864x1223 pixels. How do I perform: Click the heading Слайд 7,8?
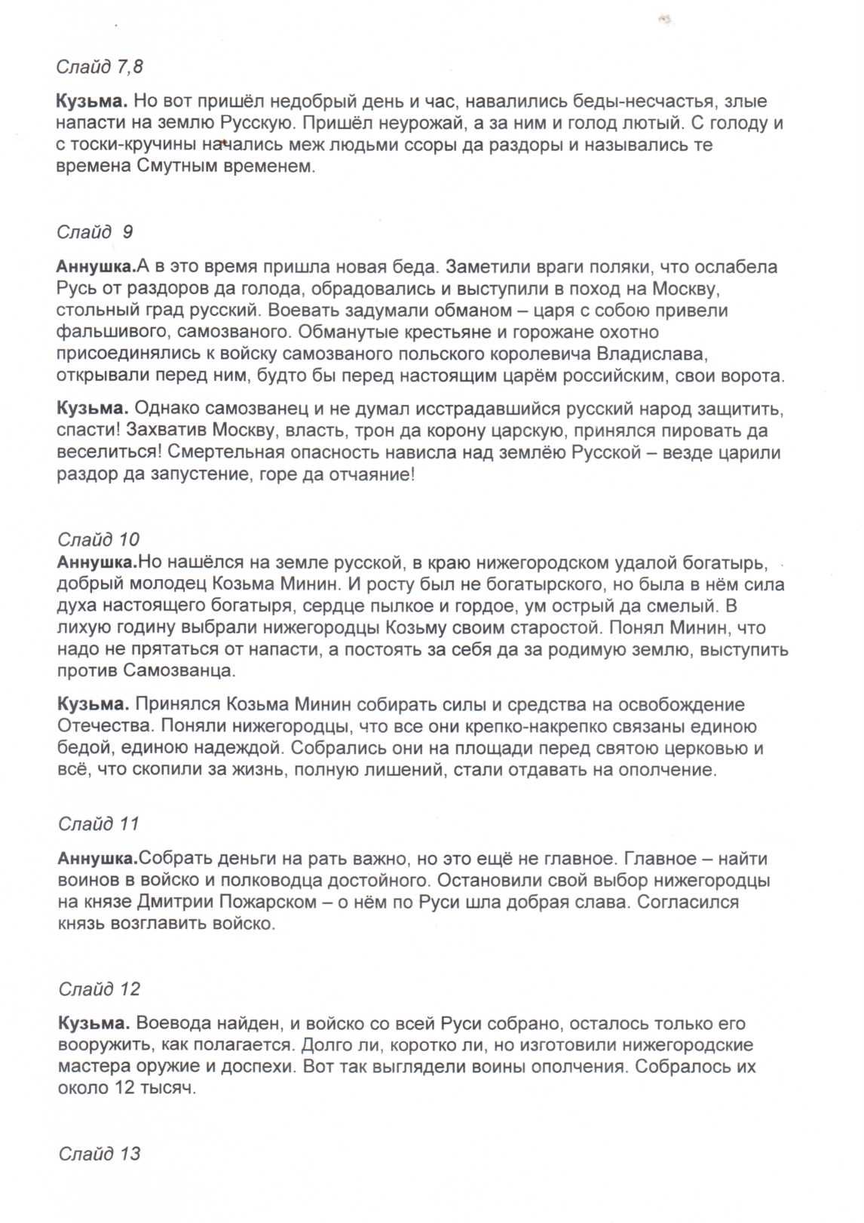99,67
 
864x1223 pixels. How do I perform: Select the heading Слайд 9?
94,232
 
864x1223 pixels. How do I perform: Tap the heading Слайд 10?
99,539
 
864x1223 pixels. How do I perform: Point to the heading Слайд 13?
100,1154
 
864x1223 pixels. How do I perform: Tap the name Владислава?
651,354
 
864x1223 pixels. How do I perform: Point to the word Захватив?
165,431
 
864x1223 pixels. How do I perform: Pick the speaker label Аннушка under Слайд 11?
97,858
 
